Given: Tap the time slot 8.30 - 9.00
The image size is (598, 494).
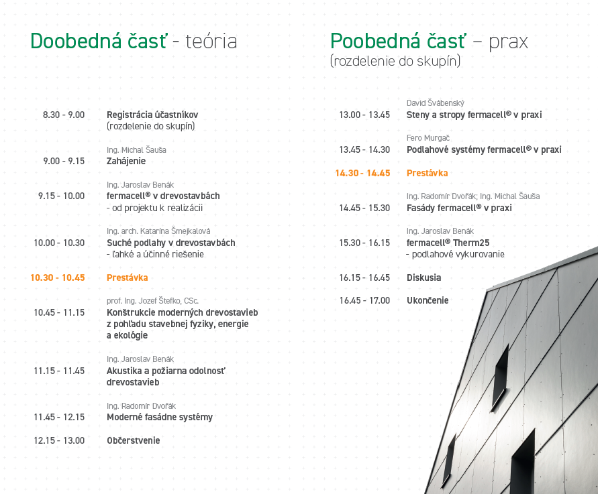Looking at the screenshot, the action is point(64,115).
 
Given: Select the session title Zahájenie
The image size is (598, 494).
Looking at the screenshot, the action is point(126,161).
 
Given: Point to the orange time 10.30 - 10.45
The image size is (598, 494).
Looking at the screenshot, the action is point(58,277).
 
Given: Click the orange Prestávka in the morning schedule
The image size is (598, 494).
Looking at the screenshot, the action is point(128,277).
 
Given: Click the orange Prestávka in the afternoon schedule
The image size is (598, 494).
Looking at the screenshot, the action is point(427,173).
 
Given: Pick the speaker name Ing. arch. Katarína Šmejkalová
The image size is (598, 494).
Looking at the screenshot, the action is point(158,231).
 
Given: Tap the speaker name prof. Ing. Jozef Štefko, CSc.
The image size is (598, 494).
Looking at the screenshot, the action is point(152,300).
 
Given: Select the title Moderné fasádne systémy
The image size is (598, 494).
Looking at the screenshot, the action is point(160,417).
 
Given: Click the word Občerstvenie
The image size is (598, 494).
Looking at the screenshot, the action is point(133,440).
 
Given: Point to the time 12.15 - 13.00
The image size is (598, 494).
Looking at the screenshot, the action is point(59,440).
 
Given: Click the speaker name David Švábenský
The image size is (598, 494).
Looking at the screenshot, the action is point(435,103).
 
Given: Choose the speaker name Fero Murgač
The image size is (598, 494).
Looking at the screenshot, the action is point(428,138).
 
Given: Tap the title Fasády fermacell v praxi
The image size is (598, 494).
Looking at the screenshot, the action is point(459,208).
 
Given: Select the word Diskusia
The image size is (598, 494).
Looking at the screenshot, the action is point(423,277).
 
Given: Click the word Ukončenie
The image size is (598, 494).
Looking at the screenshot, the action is point(428,300).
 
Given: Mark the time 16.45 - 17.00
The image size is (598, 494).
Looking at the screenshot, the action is point(364,300).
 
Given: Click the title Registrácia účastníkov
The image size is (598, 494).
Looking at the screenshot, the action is point(152,115).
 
